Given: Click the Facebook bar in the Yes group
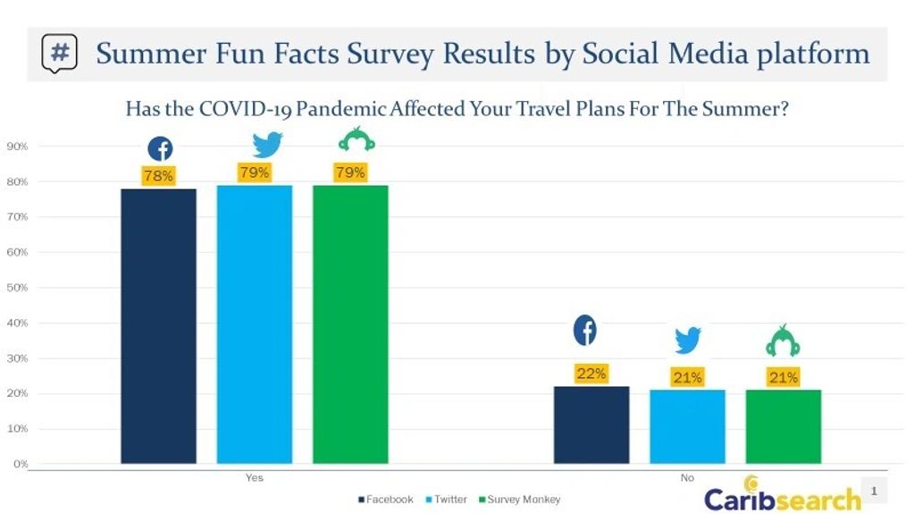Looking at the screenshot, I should tap(158, 326).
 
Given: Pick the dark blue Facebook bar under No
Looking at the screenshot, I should tap(591, 425).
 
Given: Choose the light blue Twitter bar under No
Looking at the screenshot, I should tap(687, 426).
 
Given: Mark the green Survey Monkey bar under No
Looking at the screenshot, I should tap(783, 426).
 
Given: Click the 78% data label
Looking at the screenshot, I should tap(158, 176).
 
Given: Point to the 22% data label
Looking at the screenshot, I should tap(591, 374).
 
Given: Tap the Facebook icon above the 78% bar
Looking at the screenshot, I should tap(160, 149).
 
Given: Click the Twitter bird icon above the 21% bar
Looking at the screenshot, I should tap(687, 340).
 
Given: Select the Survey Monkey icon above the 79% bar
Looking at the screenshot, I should tap(350, 140).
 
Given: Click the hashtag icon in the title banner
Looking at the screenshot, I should tap(59, 54).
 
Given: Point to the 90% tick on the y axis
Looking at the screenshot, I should tap(18, 147).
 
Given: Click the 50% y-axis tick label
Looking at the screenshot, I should tap(18, 288).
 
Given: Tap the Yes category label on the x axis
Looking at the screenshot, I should tap(254, 478).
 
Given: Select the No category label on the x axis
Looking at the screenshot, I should tap(687, 478).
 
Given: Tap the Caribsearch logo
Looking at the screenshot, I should tap(782, 496).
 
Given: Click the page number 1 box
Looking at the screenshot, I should tap(874, 491).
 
